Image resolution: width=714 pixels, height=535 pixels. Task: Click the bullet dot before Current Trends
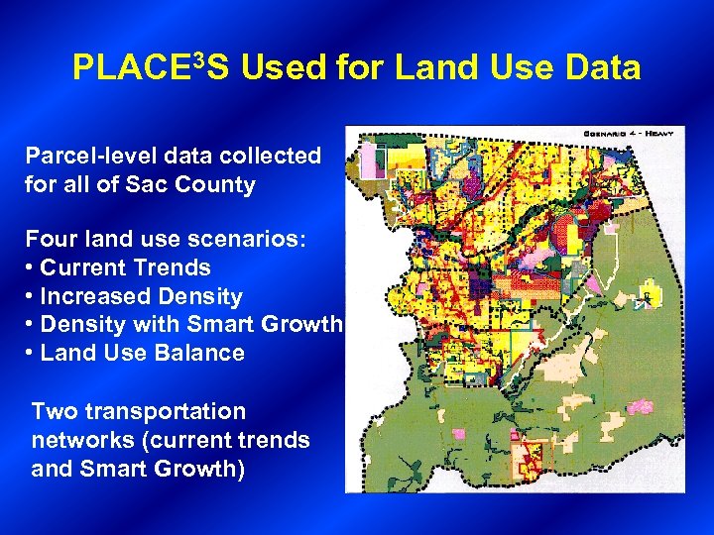[31, 267]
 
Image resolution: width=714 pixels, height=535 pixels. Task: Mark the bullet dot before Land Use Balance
[31, 354]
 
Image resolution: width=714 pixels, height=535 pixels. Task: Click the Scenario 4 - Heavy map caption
[635, 134]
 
